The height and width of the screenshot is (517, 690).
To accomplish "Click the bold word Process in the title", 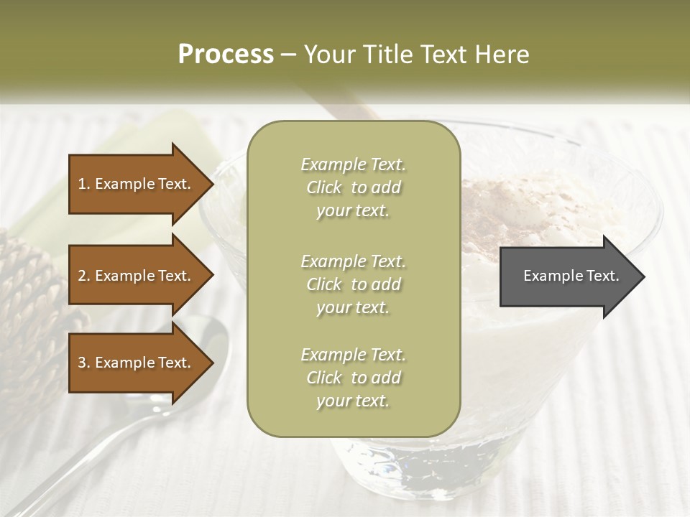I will tap(226, 55).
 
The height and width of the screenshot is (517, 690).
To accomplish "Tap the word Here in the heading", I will tap(501, 55).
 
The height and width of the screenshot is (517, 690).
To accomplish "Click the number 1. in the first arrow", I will tap(84, 184).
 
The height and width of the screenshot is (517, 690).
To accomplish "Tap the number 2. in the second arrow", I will tap(84, 276).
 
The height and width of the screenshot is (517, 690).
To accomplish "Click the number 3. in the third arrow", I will tap(84, 363).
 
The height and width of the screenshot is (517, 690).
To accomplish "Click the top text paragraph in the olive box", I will tap(353, 187).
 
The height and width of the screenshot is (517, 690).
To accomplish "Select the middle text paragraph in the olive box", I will tap(353, 284).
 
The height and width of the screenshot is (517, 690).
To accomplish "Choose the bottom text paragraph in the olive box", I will tap(353, 378).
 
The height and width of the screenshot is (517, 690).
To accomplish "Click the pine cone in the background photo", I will tap(29, 287).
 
